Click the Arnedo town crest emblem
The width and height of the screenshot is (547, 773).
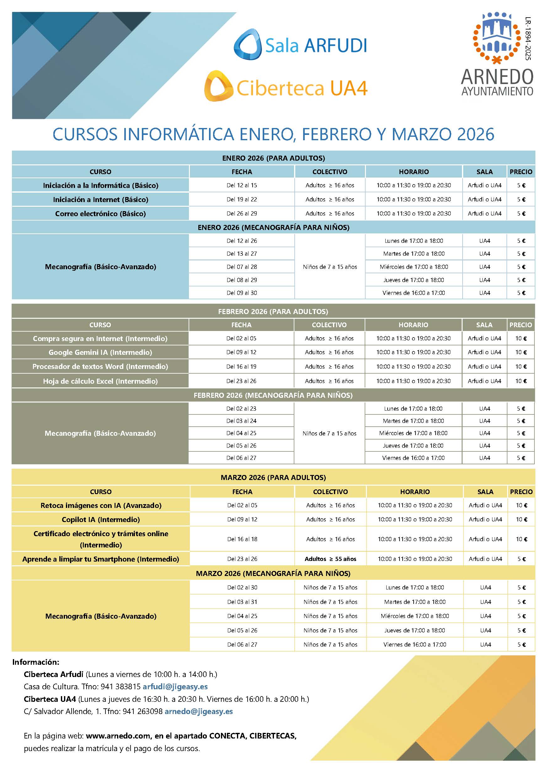point(497,38)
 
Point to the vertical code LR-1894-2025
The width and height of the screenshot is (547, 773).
point(528,38)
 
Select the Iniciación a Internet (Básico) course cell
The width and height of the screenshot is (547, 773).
point(100,199)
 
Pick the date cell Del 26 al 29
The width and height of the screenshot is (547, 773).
point(242,213)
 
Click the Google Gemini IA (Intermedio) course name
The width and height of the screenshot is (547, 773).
point(100,352)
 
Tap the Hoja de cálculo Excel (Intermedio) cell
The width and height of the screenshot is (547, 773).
point(100,381)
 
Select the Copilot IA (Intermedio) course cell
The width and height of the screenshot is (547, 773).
point(101,520)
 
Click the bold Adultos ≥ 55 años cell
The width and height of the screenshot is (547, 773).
point(330,559)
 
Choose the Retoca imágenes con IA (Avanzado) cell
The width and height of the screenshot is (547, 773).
point(101,505)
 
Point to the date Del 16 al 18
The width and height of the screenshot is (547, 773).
point(242,539)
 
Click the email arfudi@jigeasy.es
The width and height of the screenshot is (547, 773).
point(175,686)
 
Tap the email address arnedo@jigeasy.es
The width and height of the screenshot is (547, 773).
point(198,712)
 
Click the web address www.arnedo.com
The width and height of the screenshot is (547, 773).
point(118,736)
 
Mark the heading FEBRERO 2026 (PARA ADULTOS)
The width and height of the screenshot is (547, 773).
point(273,312)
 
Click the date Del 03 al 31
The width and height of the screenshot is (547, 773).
point(242,602)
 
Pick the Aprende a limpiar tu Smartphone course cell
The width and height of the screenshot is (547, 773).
point(101,559)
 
